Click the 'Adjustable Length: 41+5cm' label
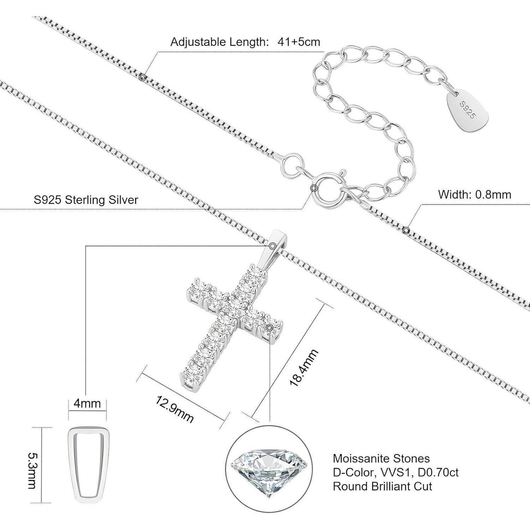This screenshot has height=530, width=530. click(x=245, y=42)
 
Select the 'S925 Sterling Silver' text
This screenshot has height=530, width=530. click(x=86, y=200)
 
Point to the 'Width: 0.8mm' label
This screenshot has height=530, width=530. click(x=474, y=194)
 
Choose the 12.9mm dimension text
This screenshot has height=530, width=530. click(x=175, y=409)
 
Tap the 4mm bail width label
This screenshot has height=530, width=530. click(x=87, y=404)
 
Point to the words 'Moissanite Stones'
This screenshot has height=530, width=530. click(x=381, y=458)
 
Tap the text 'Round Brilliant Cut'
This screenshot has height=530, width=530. click(x=382, y=487)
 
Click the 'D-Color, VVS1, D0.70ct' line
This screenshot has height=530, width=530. click(x=396, y=473)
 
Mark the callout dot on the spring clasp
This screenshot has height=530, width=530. click(x=314, y=188)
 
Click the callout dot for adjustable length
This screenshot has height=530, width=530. click(x=142, y=78)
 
